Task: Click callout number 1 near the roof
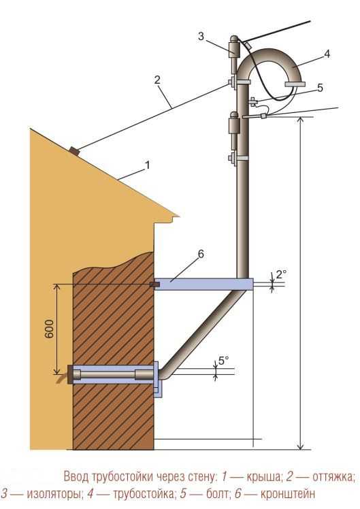click(x=148, y=165)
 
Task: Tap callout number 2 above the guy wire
click(x=157, y=80)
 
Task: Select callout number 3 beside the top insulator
click(x=201, y=36)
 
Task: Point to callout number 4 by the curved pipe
click(x=327, y=54)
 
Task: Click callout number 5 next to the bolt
click(x=320, y=88)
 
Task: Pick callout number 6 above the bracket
click(x=201, y=255)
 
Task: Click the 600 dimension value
click(x=49, y=329)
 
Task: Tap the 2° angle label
click(x=281, y=274)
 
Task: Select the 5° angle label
click(x=223, y=361)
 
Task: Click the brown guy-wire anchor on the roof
click(x=74, y=151)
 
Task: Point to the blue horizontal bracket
click(x=204, y=284)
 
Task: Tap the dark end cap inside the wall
click(x=70, y=374)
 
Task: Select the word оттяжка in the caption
click(x=333, y=477)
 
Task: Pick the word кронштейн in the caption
click(x=288, y=494)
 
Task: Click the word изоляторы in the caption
click(x=54, y=494)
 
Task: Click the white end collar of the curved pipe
click(x=295, y=85)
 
